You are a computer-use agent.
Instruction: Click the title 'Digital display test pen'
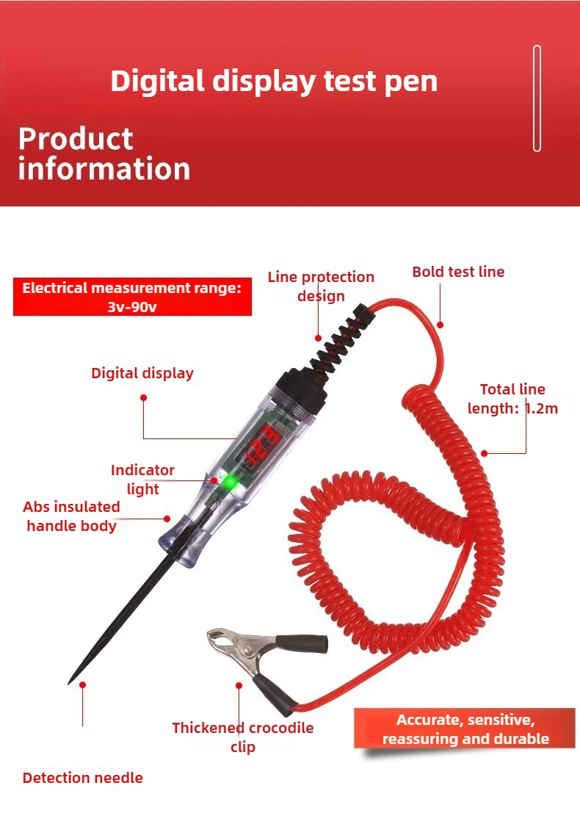pos(274,82)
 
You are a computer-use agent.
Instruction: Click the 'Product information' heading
pos(104,154)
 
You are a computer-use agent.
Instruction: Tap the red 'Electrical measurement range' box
pos(132,297)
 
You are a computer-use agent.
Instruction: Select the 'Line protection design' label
pos(321,286)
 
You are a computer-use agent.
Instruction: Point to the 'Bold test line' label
pos(458,272)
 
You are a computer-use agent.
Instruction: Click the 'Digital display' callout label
pos(142,373)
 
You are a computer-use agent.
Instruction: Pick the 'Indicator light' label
pos(142,480)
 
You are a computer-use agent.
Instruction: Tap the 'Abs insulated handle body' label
pos(71,516)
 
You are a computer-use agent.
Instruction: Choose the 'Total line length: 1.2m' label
pos(512,399)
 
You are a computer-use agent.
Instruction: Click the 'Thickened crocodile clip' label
pos(242,737)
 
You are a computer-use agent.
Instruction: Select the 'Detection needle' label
pos(83,778)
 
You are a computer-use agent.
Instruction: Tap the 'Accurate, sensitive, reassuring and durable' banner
pos(465,729)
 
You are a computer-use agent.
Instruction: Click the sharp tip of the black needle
pos(69,684)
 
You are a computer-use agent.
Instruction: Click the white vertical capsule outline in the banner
pos(537,98)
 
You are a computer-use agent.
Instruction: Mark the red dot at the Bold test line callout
pos(440,325)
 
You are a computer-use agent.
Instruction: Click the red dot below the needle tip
pos(83,685)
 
